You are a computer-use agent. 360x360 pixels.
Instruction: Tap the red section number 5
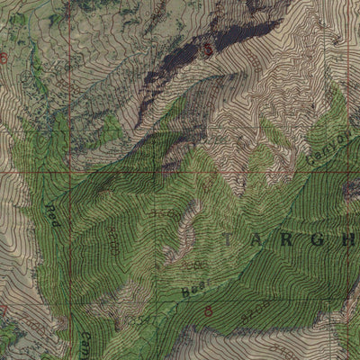tap(209, 50)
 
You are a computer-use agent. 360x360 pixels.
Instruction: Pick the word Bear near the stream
tap(193, 287)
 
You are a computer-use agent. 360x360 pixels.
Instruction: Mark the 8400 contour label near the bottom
tap(137, 319)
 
